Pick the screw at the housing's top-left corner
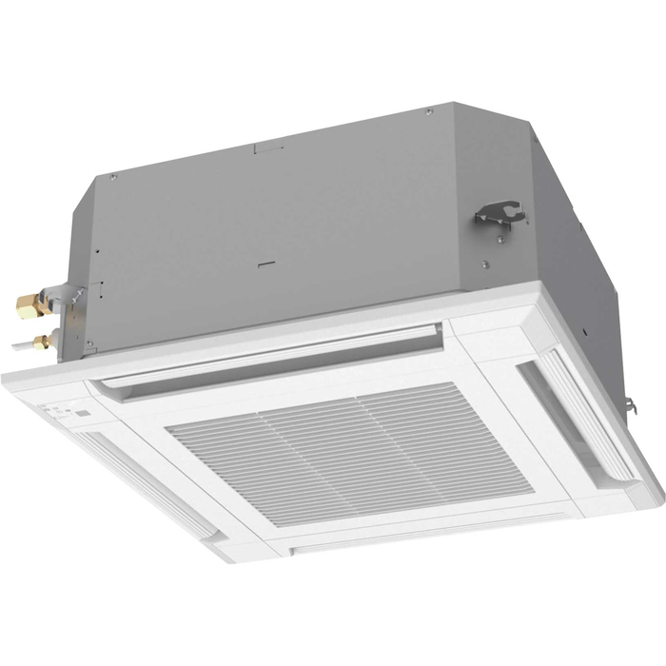click(x=114, y=177)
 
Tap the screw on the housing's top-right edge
click(x=429, y=111)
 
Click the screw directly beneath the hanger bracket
click(x=484, y=264)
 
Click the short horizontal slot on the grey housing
click(x=268, y=261)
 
